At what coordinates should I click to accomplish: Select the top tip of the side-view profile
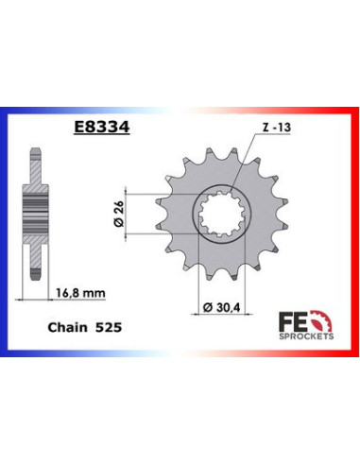[35, 152]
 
